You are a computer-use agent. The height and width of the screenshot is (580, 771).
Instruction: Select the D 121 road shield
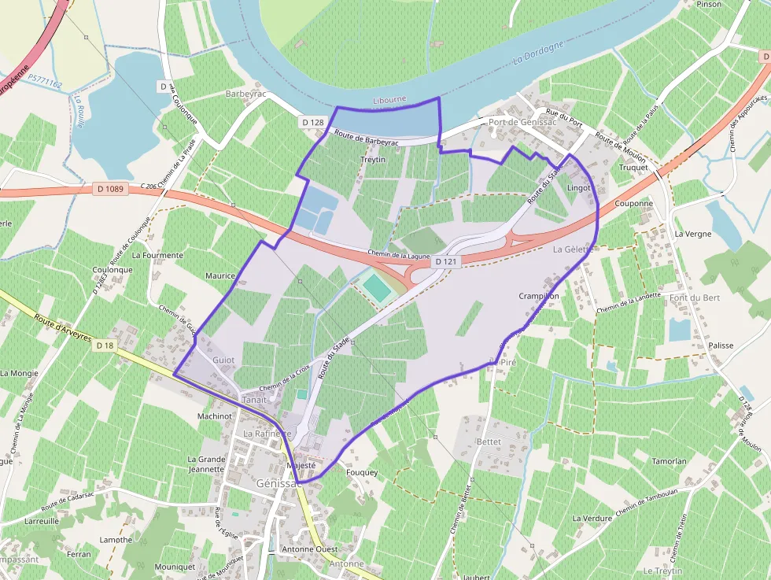point(445,262)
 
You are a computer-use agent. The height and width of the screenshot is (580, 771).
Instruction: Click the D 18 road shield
point(105,345)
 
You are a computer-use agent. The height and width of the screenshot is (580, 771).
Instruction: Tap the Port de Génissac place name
point(522,122)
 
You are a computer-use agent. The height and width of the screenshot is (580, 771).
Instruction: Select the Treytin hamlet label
point(372,160)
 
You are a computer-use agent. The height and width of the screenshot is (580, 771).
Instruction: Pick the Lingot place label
point(578,189)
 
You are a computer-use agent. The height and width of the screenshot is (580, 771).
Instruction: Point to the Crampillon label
point(539,296)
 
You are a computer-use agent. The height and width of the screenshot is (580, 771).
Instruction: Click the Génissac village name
point(279,483)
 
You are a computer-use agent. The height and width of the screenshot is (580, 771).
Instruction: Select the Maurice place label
point(220,276)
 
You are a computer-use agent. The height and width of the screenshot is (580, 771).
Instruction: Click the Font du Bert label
point(695,297)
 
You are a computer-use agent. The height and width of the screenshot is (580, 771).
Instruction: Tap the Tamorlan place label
point(670,462)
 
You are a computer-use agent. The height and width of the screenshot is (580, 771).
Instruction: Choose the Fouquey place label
point(362,473)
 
